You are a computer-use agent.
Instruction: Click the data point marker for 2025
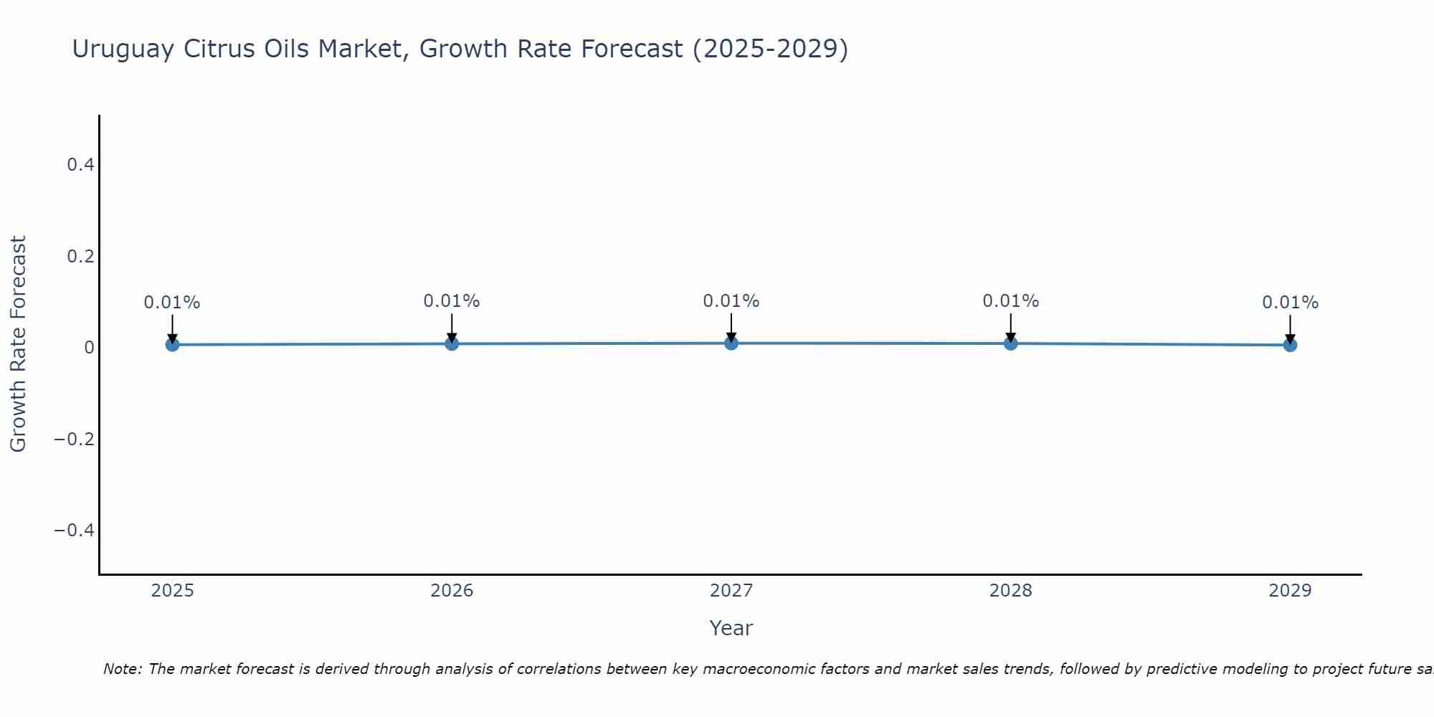172,345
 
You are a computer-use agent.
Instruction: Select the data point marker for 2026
452,344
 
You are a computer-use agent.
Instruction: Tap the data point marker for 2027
731,343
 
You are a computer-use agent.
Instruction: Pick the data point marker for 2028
1011,343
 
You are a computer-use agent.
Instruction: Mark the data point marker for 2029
1290,345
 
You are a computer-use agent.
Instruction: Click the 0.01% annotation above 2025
172,303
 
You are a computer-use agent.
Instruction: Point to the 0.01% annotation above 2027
731,301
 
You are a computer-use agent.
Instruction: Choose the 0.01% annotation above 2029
1290,303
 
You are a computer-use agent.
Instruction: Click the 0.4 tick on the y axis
80,165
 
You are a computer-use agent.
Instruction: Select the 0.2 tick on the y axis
80,256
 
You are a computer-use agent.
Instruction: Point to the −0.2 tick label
75,439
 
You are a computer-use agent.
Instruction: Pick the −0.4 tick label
75,530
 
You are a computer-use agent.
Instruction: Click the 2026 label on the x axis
452,591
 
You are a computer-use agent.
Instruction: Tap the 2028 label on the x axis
1011,591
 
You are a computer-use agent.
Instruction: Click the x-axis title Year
731,628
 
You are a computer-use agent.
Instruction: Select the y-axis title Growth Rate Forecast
18,344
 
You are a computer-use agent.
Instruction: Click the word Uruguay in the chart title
123,49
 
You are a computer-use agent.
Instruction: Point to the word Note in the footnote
122,669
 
